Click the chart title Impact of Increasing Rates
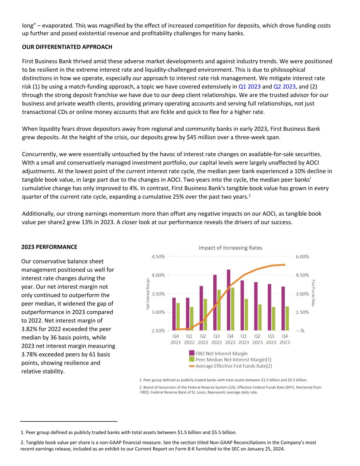[230, 248]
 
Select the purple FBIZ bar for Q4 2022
[228, 300]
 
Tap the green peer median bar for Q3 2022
[219, 310]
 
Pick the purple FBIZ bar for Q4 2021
[174, 314]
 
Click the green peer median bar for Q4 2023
[287, 318]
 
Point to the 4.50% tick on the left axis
[158, 257]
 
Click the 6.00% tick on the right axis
[302, 257]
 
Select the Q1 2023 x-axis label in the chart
[244, 339]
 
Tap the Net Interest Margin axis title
[148, 294]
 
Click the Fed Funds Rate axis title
[313, 293]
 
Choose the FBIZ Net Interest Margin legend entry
[221, 353]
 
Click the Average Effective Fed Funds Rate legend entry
[233, 366]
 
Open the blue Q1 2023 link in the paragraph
[249, 87]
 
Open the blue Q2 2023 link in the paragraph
[284, 87]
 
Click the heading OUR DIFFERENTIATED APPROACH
[67, 47]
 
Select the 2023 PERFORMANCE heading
[49, 247]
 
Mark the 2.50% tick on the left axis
[158, 330]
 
